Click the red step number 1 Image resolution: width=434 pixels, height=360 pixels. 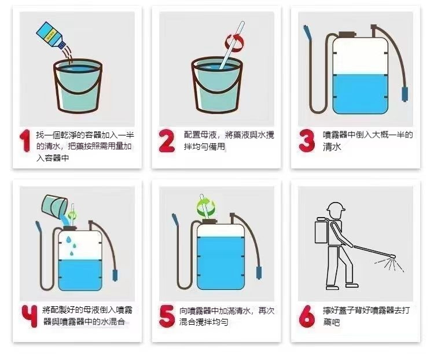pyautogui.click(x=25, y=141)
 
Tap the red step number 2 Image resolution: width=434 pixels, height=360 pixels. pyautogui.click(x=167, y=141)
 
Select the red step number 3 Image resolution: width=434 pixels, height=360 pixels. pyautogui.click(x=307, y=141)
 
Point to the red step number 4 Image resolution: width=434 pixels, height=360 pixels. pyautogui.click(x=30, y=316)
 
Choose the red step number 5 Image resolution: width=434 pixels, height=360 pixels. pyautogui.click(x=167, y=316)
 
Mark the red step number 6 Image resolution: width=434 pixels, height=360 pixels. pyautogui.click(x=307, y=316)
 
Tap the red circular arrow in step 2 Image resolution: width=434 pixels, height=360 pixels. pyautogui.click(x=235, y=43)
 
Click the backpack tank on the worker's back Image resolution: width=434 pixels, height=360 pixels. pyautogui.click(x=321, y=230)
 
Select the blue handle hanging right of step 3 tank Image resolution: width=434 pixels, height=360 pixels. pyautogui.click(x=405, y=94)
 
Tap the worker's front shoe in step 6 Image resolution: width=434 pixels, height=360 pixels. pyautogui.click(x=352, y=285)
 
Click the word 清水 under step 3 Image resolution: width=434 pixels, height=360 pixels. pyautogui.click(x=332, y=146)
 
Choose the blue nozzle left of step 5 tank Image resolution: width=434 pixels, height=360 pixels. pyautogui.click(x=175, y=220)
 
